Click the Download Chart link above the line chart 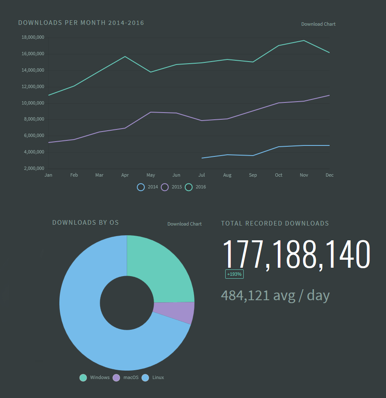318,24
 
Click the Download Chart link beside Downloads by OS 184,224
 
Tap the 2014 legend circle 141,187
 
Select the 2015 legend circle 165,187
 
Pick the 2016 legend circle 189,187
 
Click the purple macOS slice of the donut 173,312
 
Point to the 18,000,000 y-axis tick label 32,38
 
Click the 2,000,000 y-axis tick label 32,169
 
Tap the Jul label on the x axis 202,175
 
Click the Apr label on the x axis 125,175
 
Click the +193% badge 234,274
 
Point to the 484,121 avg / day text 275,296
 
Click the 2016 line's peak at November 304,40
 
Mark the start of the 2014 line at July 202,158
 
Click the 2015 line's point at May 151,112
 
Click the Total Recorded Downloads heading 275,223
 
